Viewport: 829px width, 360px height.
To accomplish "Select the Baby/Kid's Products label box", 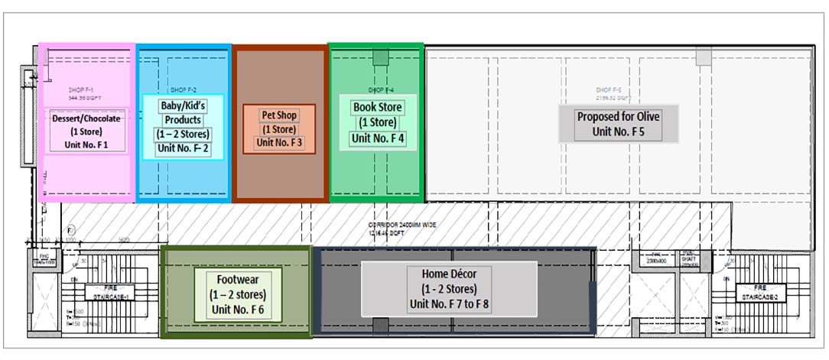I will point(181,125).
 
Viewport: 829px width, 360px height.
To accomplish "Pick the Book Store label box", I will point(377,122).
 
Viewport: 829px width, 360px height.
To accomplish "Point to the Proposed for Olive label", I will point(618,124).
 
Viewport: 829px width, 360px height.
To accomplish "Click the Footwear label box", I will point(238,294).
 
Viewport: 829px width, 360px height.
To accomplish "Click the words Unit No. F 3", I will point(279,142).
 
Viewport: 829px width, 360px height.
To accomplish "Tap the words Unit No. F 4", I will point(377,138).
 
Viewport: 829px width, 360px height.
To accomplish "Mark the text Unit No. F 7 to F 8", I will point(449,304).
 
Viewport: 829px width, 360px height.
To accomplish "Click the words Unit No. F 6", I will point(237,310).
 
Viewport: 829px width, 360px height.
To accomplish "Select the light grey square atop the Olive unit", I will point(703,56).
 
